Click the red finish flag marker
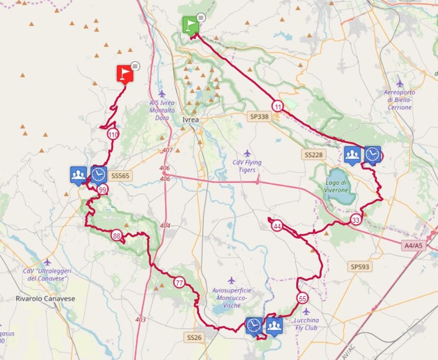[125, 73]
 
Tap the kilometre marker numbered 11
[277, 106]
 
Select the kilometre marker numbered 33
[355, 220]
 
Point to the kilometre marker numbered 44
[277, 226]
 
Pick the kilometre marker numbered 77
[179, 283]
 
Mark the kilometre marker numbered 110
[113, 135]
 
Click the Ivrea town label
[190, 120]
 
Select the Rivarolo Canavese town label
[45, 299]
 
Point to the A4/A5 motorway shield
[413, 246]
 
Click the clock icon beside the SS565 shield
[99, 174]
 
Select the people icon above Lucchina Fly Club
[274, 325]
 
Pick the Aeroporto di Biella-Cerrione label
[400, 100]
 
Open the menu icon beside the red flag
[135, 66]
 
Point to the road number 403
[141, 319]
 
